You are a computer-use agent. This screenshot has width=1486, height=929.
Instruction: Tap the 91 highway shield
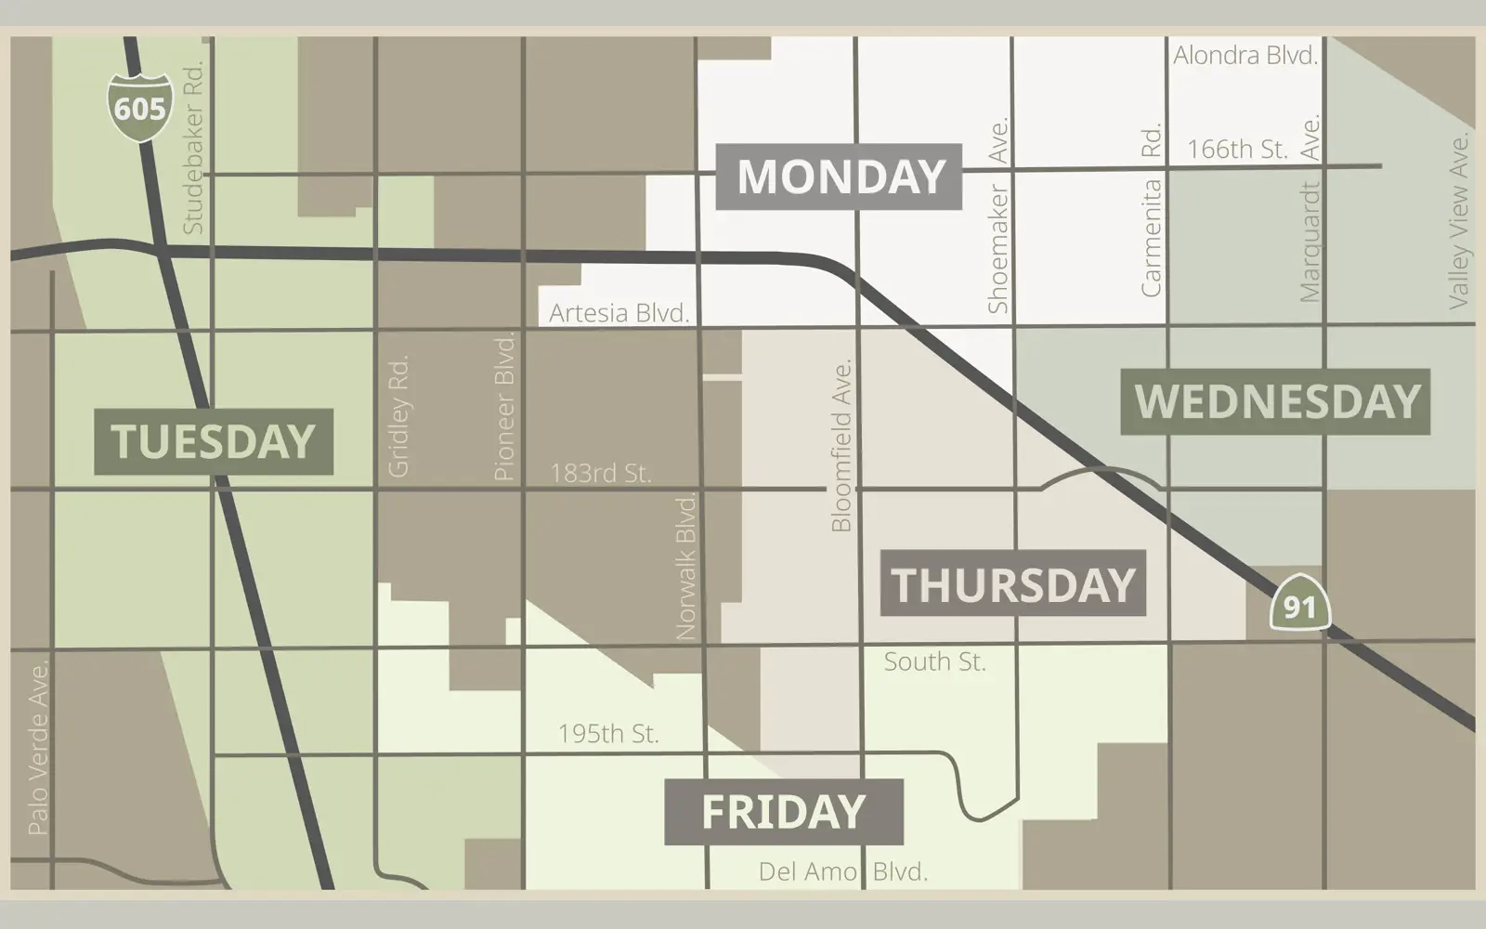coord(1299,605)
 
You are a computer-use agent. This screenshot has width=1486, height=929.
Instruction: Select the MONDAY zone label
coord(840,177)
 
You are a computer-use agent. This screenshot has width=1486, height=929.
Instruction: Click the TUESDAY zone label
coord(214,441)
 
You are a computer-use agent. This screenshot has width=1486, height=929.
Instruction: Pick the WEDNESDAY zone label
coord(1276,401)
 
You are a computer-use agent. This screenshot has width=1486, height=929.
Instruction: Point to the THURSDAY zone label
coord(1012,583)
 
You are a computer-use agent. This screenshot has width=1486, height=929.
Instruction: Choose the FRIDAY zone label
coord(783,811)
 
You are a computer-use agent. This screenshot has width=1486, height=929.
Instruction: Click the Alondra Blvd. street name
coord(1245,56)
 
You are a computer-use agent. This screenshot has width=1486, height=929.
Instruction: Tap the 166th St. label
coord(1236,150)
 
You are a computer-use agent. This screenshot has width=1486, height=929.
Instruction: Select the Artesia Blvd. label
coord(619,313)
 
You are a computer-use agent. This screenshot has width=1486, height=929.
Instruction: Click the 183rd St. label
coord(600,473)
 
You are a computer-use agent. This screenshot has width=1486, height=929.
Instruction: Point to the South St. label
coord(934,661)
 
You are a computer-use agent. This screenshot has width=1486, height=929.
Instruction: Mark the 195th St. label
coord(608,733)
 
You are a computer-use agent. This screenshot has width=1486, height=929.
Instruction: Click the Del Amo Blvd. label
coord(842,871)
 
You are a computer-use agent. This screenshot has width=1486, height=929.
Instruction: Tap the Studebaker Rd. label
coord(192,147)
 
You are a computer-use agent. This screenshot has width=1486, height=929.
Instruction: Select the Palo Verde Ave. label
coord(38,747)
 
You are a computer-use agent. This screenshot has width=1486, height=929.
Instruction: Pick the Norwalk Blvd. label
coord(685,567)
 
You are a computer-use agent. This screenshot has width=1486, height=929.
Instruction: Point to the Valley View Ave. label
coord(1459,220)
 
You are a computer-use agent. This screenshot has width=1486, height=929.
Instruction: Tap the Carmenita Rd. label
coord(1151,211)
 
